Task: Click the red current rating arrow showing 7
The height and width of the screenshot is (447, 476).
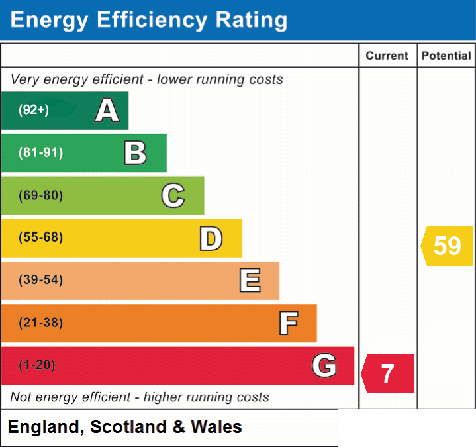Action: point(387,373)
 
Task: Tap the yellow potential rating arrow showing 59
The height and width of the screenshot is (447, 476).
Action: point(447,246)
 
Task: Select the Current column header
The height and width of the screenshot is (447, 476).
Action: point(387,56)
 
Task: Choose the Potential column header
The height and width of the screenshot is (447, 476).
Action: point(446,56)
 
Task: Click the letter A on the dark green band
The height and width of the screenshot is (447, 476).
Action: point(107,110)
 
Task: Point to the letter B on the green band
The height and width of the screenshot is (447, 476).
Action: point(136,153)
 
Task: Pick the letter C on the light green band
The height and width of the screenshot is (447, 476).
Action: point(173,195)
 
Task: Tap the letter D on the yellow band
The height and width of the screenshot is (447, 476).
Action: point(211,238)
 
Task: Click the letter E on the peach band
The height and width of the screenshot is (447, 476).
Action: point(250,280)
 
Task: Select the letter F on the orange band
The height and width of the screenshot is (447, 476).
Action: point(289,323)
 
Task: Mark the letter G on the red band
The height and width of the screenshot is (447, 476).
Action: point(324,366)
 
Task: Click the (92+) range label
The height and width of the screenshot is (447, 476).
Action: point(34,109)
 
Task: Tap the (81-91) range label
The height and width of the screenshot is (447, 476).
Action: point(40,152)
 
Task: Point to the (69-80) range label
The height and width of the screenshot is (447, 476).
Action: point(40,195)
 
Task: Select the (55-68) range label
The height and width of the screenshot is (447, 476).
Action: point(40,237)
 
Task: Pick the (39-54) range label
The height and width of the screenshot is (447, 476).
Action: point(40,279)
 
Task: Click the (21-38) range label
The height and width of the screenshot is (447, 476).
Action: point(40,323)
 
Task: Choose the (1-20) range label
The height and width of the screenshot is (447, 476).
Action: point(37,365)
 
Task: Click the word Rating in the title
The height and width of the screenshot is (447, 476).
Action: point(252,21)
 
